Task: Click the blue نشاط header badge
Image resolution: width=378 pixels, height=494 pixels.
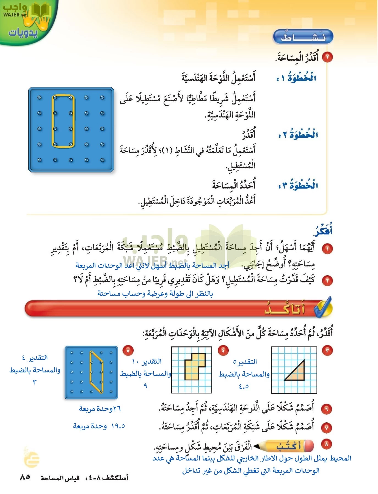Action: [303, 37]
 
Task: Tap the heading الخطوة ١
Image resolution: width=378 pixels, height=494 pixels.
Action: [296, 78]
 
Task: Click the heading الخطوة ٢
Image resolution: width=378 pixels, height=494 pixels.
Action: [298, 135]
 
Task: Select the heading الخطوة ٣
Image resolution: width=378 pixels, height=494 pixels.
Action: [298, 186]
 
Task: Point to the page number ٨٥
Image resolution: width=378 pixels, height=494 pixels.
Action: [25, 477]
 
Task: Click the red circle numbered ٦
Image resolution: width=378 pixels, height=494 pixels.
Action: [327, 409]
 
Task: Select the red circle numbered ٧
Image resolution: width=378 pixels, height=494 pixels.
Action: [327, 427]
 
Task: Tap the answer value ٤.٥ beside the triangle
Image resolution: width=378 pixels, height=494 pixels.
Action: [244, 386]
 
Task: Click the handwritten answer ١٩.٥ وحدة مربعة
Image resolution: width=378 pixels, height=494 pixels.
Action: [99, 426]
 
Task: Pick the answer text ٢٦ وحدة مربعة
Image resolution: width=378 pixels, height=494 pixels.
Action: [100, 409]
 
